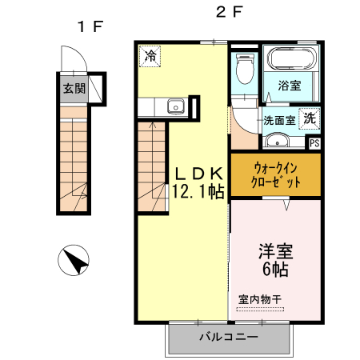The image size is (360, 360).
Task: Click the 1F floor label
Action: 90,26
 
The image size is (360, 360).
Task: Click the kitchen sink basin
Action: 174,106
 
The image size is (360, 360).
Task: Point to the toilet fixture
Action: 245,73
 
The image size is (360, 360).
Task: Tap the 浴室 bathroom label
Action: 290,86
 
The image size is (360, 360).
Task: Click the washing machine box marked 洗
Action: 309,116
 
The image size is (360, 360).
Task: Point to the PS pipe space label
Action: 314,144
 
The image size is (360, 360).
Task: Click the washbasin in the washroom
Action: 278,142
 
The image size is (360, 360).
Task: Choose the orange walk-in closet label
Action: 275,175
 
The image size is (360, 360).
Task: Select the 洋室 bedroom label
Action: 275,250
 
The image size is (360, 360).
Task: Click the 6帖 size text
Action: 275,268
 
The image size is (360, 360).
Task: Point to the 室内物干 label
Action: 260,299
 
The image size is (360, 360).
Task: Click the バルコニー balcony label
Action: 229,338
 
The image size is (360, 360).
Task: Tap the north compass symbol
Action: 74,261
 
